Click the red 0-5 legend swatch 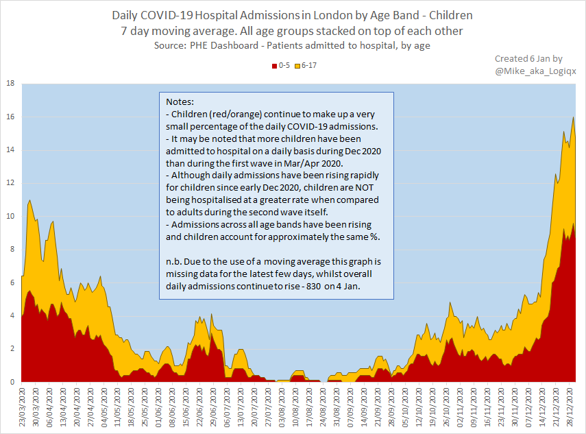point(274,66)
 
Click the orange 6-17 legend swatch point(297,66)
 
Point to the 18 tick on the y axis point(10,84)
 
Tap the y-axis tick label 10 point(10,217)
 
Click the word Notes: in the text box point(180,101)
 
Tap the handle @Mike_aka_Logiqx point(532,70)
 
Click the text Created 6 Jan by point(528,59)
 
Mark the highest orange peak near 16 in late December point(573,117)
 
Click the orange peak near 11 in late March point(29,200)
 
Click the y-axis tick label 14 point(10,150)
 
